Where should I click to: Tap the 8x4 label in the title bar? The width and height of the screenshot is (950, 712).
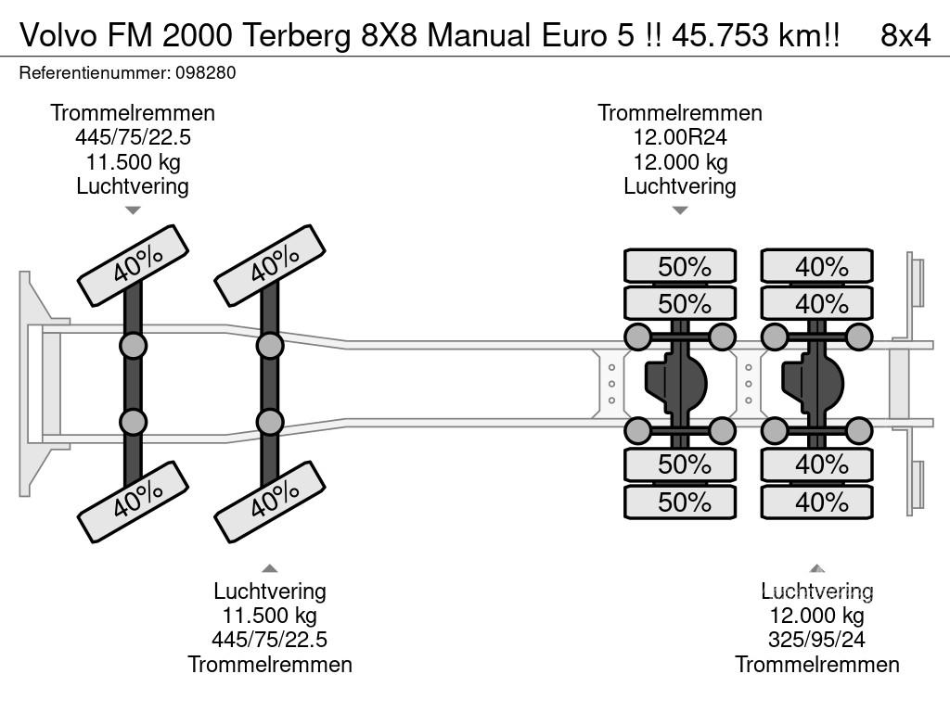tap(905, 35)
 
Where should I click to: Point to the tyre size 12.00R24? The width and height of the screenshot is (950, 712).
tap(680, 137)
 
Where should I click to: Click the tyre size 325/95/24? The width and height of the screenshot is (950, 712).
tap(817, 640)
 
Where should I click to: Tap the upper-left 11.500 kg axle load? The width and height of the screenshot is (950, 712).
tap(133, 161)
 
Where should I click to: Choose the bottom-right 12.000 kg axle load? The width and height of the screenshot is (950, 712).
tap(817, 616)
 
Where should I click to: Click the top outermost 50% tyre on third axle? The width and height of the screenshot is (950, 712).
tap(680, 266)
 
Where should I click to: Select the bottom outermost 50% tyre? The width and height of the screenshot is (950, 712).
tap(680, 502)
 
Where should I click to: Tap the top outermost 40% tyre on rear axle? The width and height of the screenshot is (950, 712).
tap(817, 266)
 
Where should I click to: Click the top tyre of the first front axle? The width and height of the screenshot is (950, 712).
tap(133, 265)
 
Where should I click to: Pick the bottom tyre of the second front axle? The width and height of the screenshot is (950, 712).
tap(270, 502)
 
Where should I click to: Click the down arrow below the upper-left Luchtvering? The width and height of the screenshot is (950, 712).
tap(133, 210)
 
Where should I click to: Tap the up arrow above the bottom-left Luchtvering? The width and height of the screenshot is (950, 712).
tap(270, 568)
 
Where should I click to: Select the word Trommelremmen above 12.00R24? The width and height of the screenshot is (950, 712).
tap(680, 113)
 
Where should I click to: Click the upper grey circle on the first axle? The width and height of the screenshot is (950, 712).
tap(133, 346)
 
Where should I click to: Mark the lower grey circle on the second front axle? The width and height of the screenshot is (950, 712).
tap(270, 422)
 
